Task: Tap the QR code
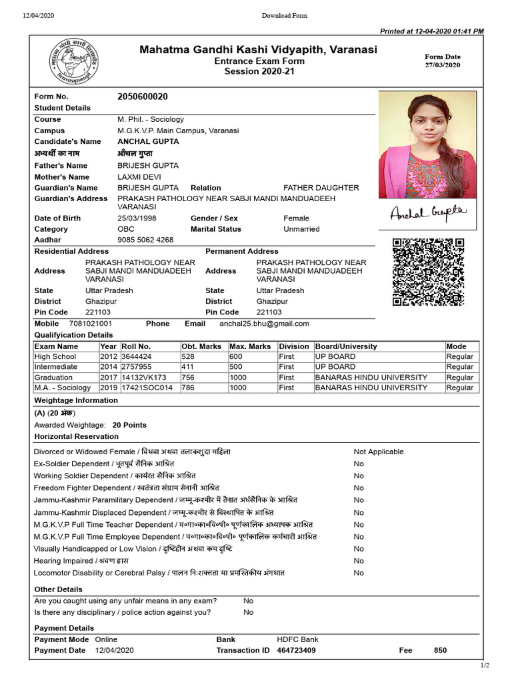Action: coord(428,272)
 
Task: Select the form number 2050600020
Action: coord(143,97)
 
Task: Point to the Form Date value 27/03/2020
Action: coord(443,65)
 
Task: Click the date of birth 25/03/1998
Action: coord(137,218)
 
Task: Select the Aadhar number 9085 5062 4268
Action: coord(145,240)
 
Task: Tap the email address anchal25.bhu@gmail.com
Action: coord(265,324)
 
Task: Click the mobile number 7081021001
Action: coord(91,324)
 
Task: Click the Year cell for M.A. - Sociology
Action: coord(109,388)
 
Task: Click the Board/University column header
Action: coord(346,346)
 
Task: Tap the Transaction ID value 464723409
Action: coord(297,650)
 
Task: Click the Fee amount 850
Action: coord(440,650)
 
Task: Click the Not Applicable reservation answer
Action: coord(378,452)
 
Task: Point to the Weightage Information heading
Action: coord(76,400)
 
